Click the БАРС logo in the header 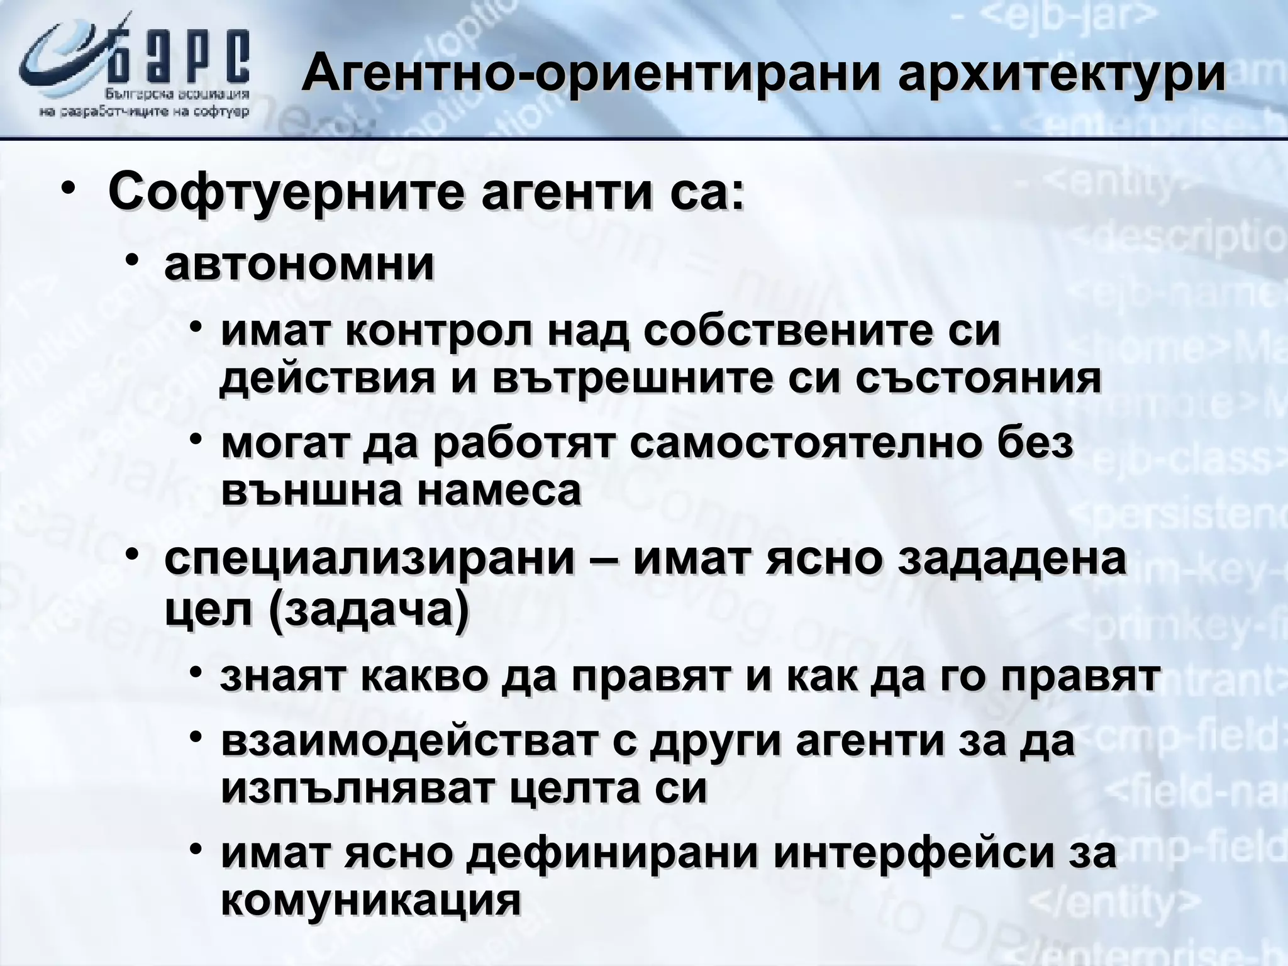click(135, 69)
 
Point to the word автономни click(299, 265)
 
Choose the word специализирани click(370, 558)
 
